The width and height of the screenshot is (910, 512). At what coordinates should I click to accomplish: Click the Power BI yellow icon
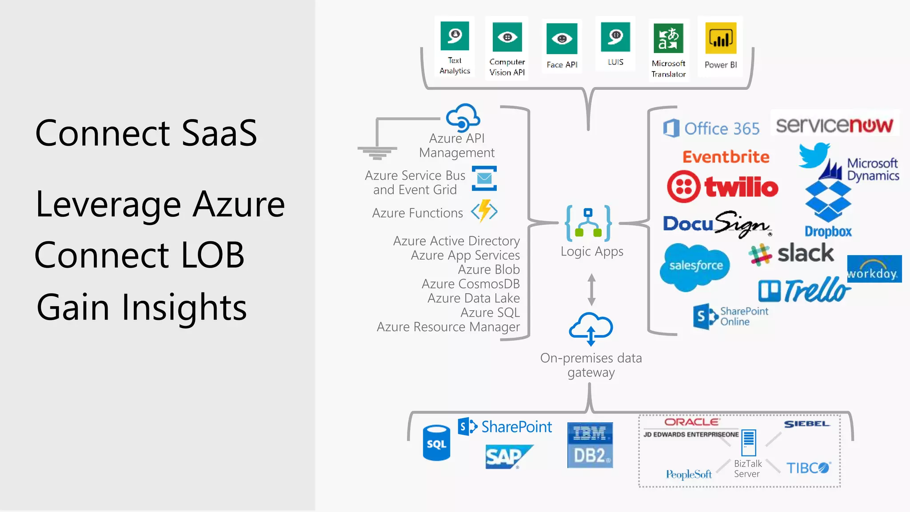720,39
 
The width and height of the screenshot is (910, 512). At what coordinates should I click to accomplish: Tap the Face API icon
562,39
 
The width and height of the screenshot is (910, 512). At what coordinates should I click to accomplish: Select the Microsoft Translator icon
668,38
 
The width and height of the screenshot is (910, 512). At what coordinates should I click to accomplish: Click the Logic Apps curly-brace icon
588,223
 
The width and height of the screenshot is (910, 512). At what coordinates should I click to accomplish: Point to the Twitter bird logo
814,155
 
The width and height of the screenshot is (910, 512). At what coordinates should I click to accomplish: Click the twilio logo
722,187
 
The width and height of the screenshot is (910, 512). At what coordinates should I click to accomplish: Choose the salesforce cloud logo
694,266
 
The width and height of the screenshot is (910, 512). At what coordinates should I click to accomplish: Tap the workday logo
874,269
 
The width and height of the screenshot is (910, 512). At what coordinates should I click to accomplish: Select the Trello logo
804,291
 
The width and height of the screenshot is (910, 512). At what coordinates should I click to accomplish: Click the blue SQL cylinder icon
436,443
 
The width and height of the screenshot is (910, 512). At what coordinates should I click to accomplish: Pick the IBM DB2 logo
590,445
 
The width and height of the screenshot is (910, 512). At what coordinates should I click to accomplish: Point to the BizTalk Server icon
748,443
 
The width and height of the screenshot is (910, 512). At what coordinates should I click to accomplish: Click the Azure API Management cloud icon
463,116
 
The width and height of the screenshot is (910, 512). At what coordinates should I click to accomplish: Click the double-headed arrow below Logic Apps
591,290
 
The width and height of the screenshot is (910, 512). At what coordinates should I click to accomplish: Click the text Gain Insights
141,307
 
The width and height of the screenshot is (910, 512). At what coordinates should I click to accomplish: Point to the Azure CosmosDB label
470,284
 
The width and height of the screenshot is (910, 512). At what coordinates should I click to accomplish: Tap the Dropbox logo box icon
828,201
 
